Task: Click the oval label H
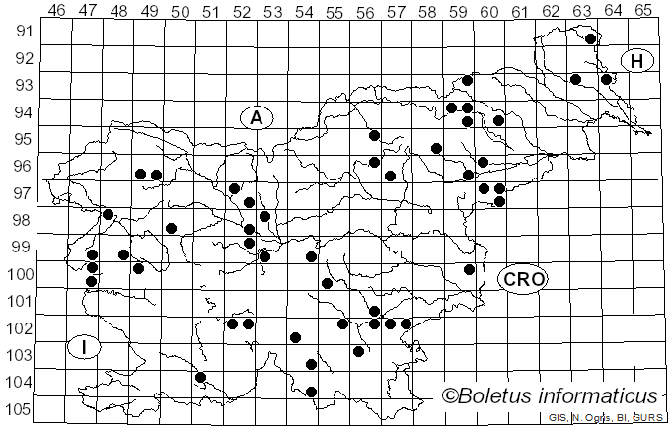click(637, 61)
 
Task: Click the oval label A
click(256, 117)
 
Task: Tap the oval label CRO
click(522, 279)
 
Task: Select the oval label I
click(85, 347)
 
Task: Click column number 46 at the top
click(56, 10)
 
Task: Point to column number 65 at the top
click(643, 10)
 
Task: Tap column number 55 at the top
click(335, 10)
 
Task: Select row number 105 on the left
click(19, 409)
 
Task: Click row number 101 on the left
click(19, 301)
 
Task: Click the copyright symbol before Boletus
click(450, 396)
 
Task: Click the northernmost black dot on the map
click(590, 39)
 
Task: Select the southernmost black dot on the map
click(311, 392)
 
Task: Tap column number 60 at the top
click(488, 10)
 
